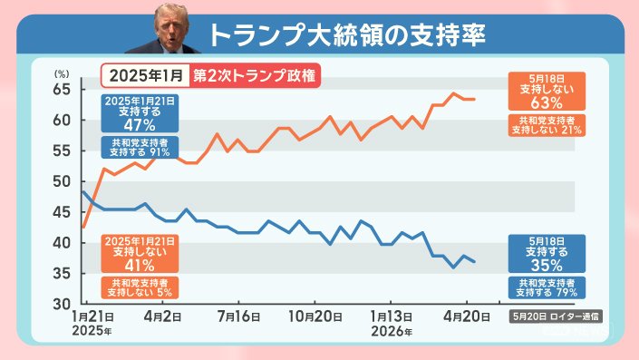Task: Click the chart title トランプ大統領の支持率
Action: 347,35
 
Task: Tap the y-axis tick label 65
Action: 62,90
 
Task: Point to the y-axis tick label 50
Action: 62,182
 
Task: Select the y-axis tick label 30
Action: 62,304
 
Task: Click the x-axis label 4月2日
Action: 162,316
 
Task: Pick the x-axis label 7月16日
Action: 238,316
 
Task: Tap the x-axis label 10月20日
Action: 315,316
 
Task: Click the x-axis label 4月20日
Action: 467,316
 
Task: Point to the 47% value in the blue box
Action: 140,125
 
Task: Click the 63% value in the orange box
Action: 547,102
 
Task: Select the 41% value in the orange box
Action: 140,266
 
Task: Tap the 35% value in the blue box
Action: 547,266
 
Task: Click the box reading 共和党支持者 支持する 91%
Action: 140,148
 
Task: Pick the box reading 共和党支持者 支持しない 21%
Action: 547,125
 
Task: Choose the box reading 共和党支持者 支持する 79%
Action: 547,287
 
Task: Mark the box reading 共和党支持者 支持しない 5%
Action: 140,287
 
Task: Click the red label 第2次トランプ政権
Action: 255,76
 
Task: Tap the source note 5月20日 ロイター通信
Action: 556,316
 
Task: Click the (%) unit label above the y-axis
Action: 62,73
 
